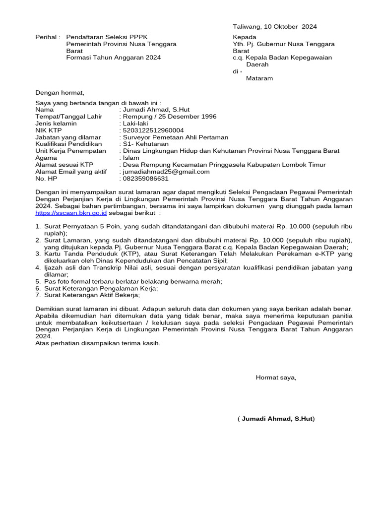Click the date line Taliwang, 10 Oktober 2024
(x=275, y=27)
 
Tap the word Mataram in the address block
(x=259, y=78)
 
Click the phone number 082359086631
(x=146, y=179)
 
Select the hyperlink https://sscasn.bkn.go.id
(x=71, y=213)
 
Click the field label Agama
(x=46, y=158)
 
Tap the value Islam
(x=131, y=158)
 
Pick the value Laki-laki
(x=135, y=124)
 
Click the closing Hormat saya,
(x=276, y=378)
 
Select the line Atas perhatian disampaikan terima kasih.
(x=98, y=343)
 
